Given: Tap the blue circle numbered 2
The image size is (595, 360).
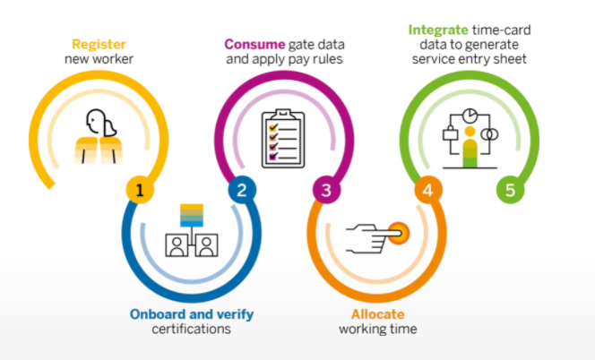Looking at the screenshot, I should pyautogui.click(x=240, y=190).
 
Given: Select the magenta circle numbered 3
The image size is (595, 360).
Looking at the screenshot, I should pyautogui.click(x=325, y=190).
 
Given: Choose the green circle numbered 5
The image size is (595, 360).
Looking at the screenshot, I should pyautogui.click(x=510, y=190).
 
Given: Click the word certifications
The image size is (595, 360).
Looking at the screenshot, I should pyautogui.click(x=191, y=329).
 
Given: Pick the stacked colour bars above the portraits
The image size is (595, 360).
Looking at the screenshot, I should pyautogui.click(x=191, y=215).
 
